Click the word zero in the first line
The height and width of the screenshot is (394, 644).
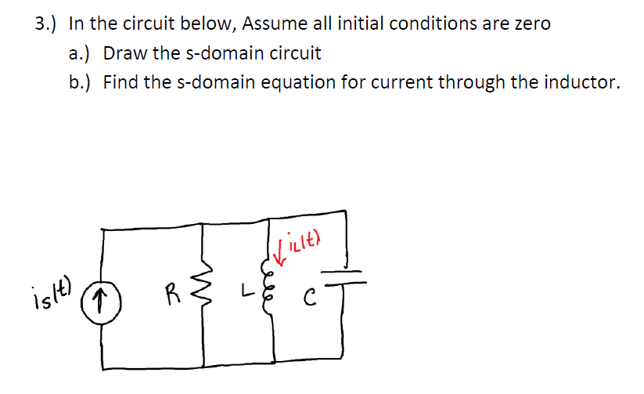pyautogui.click(x=531, y=23)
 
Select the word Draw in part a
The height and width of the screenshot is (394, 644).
pyautogui.click(x=124, y=53)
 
